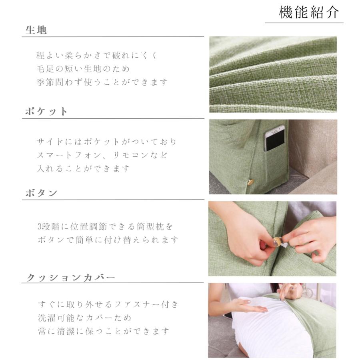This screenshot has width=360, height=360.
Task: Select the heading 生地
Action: tap(36, 30)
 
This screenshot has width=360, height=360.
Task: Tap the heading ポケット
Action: tap(46, 112)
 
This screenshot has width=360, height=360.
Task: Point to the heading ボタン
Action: tap(42, 193)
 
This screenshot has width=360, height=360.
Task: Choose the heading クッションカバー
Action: tap(71, 277)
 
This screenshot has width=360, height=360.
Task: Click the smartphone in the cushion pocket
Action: tap(274, 138)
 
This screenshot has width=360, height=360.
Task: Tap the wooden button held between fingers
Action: tap(277, 242)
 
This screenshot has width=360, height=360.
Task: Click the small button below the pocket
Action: tap(250, 182)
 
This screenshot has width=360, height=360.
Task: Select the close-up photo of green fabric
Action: tap(273, 74)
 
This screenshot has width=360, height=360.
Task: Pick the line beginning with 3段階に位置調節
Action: tap(105, 227)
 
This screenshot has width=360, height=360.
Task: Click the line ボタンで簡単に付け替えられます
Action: tap(107, 240)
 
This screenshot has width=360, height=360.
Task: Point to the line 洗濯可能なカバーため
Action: tap(84, 318)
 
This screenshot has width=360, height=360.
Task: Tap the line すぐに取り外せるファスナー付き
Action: tap(108, 304)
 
